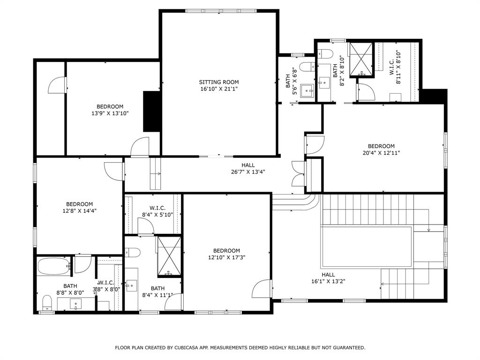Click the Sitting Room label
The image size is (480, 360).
click(218, 82)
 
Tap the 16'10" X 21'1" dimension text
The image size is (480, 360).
click(218, 89)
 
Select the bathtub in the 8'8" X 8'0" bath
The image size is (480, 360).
click(52, 267)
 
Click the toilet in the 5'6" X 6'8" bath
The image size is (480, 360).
click(307, 67)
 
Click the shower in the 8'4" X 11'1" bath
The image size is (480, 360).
click(168, 255)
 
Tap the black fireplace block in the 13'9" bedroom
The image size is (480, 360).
click(151, 111)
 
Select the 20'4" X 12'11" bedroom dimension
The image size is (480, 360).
click(381, 152)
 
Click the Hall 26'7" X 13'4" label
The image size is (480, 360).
click(248, 168)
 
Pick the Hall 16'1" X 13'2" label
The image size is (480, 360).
click(328, 278)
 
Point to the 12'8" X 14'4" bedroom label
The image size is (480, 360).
click(79, 207)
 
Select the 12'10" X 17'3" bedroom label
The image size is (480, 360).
click(226, 254)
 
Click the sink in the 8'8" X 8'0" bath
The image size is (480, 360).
click(75, 304)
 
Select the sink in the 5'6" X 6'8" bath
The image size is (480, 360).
click(307, 90)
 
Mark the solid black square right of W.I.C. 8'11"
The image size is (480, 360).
click(433, 96)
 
